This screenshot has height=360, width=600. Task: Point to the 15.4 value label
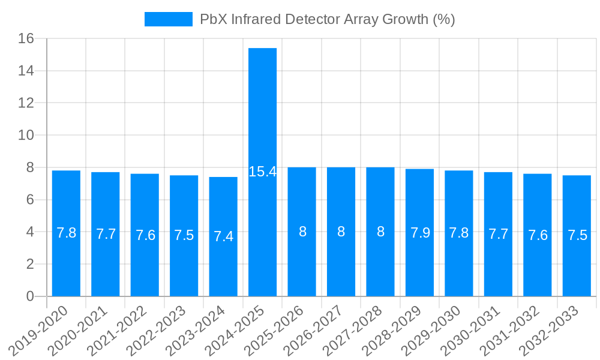(x=262, y=172)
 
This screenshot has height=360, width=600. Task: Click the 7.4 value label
(x=223, y=236)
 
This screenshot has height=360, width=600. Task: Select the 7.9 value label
(x=419, y=233)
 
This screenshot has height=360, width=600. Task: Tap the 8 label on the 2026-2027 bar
(x=341, y=232)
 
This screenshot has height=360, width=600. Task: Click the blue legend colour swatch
(x=168, y=19)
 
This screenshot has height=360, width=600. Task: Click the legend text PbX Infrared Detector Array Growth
(x=327, y=19)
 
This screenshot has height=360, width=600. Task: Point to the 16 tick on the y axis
(x=28, y=39)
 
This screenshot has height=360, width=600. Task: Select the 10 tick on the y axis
(x=28, y=136)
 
